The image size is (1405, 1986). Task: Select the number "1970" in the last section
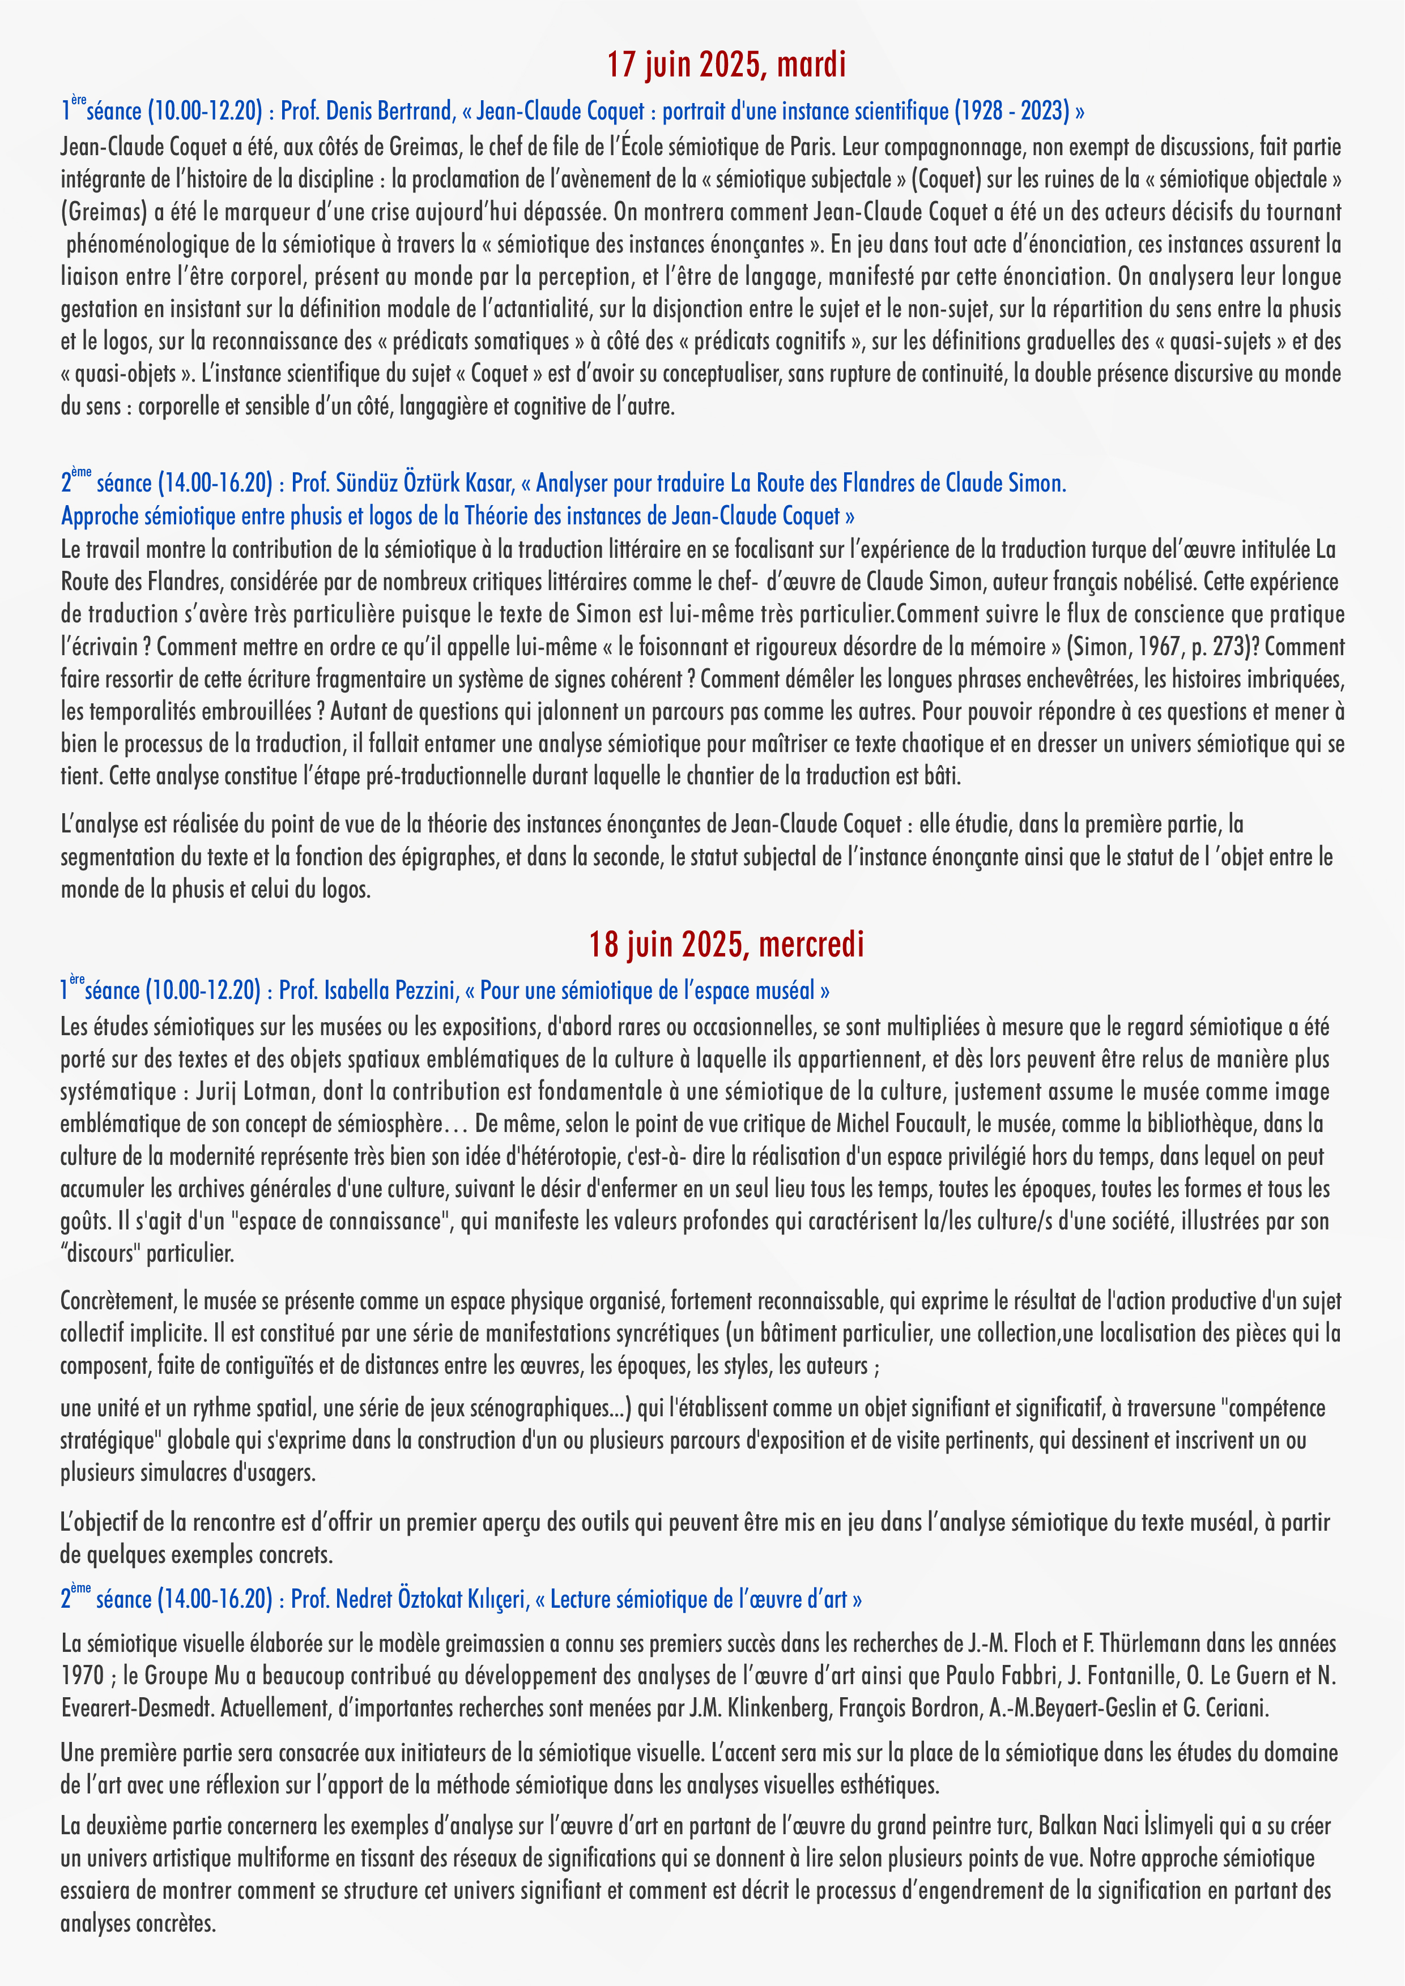[82, 1676]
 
